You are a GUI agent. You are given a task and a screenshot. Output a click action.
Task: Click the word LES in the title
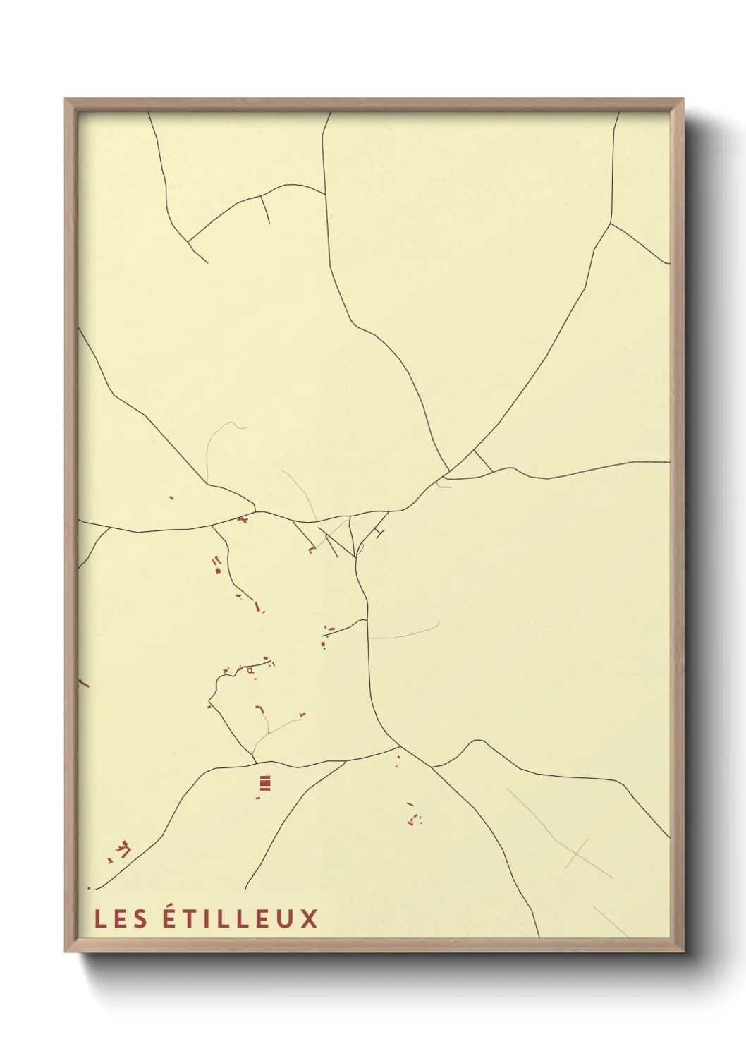pyautogui.click(x=121, y=918)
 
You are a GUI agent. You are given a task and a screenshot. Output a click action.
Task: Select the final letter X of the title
pyautogui.click(x=310, y=918)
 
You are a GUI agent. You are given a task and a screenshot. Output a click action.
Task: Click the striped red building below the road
pyautogui.click(x=265, y=782)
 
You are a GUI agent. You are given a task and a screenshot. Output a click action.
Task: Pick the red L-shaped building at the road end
pyautogui.click(x=310, y=550)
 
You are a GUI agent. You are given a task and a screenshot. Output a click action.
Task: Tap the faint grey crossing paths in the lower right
pyautogui.click(x=576, y=853)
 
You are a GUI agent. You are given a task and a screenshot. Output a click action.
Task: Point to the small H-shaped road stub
pyautogui.click(x=381, y=533)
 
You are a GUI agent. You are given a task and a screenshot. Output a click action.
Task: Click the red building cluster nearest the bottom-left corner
pyautogui.click(x=123, y=849)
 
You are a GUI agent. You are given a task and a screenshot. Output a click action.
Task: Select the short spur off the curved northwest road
pyautogui.click(x=265, y=210)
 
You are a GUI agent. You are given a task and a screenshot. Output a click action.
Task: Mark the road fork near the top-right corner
pyautogui.click(x=610, y=224)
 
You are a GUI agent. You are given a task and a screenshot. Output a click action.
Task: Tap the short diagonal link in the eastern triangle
pyautogui.click(x=483, y=461)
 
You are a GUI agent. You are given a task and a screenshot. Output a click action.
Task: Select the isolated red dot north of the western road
pyautogui.click(x=171, y=497)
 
